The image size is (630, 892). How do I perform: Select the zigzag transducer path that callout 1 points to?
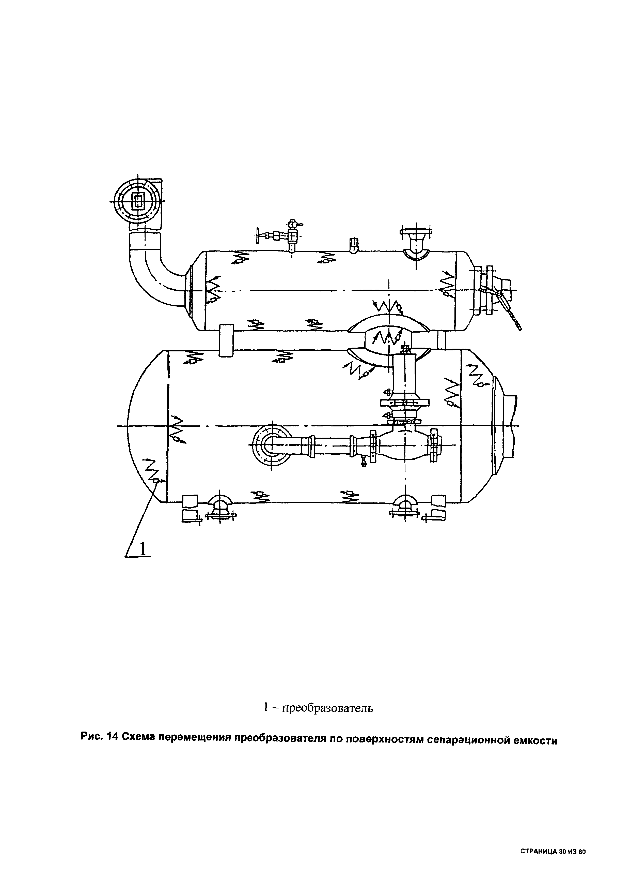153,471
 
